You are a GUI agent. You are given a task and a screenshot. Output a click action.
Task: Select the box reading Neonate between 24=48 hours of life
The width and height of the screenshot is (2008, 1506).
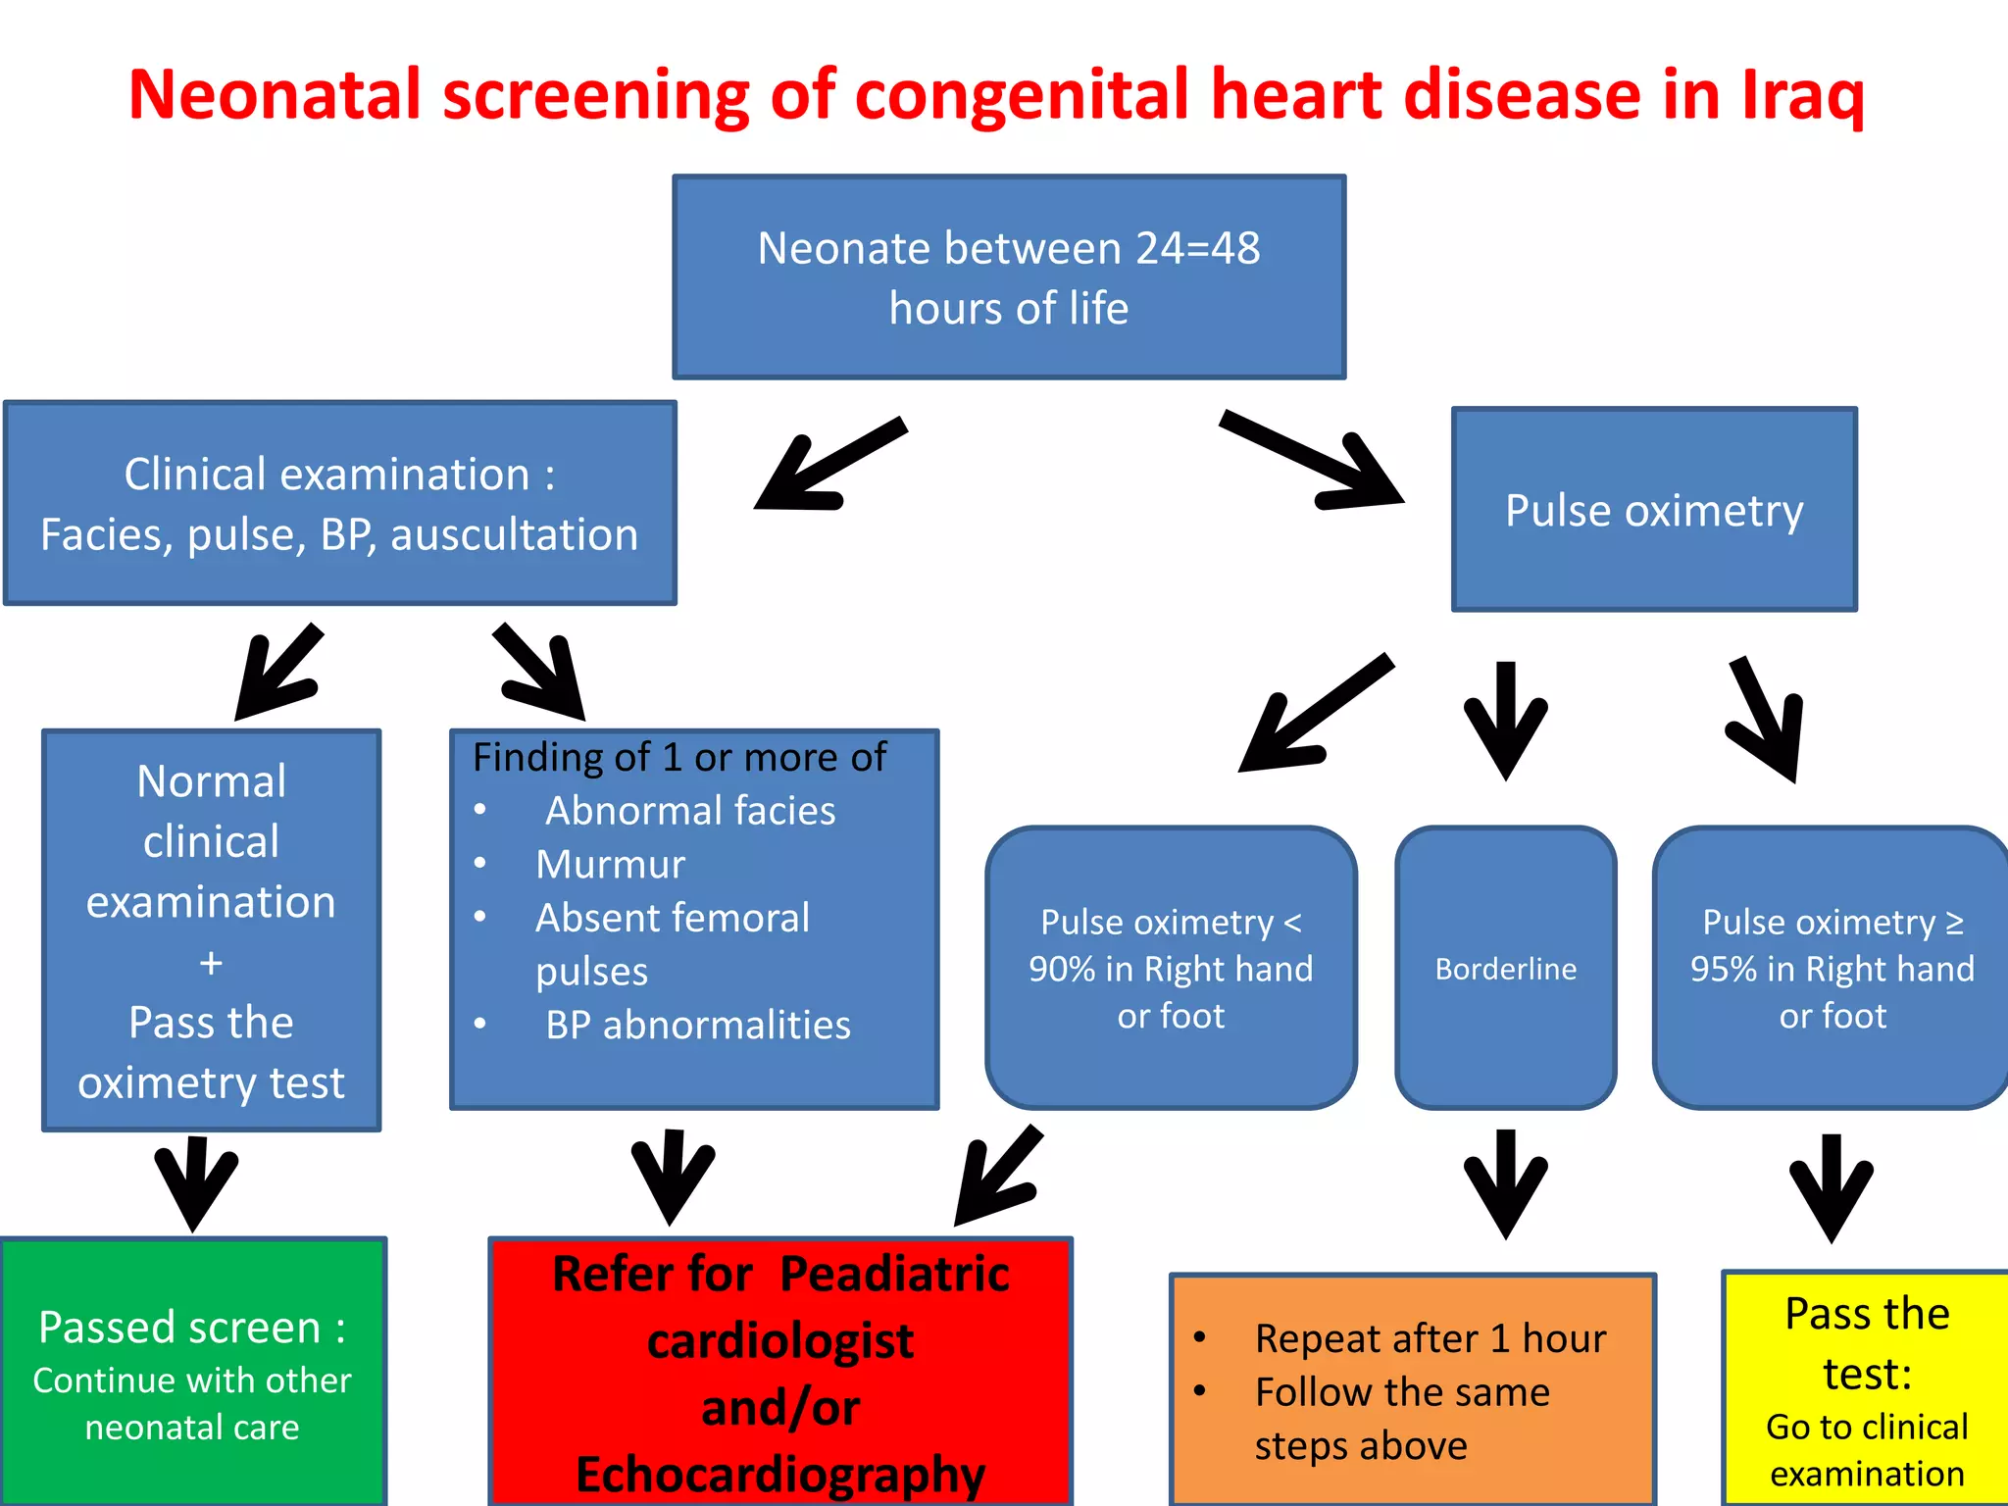[1009, 277]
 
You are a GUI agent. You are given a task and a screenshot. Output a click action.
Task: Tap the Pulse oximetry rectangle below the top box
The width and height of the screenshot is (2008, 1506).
[1654, 511]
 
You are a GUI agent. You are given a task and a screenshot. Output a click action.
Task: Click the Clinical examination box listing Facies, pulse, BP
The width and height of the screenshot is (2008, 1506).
[340, 503]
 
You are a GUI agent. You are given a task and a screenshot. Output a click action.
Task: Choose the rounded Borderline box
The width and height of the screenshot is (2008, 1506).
[1505, 969]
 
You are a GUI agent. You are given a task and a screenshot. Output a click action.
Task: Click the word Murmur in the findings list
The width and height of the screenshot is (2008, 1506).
[610, 865]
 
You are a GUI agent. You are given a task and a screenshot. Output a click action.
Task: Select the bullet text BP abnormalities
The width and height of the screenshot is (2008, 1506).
[697, 1026]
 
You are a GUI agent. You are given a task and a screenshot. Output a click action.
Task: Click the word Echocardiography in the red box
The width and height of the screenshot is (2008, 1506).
[780, 1474]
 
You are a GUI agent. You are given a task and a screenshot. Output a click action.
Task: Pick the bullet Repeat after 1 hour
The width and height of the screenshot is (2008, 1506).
[1430, 1339]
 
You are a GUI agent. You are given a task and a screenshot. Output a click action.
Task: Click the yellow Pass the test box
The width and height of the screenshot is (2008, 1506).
[1866, 1388]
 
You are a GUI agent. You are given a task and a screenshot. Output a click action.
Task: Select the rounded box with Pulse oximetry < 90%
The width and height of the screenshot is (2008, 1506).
[1171, 969]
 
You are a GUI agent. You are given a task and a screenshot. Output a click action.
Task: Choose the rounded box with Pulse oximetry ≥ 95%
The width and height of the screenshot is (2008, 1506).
[1832, 969]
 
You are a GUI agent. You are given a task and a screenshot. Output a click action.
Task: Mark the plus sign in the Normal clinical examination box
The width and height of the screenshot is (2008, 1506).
[211, 963]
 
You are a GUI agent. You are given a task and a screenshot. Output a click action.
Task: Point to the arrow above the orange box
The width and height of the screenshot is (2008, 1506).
[1505, 1183]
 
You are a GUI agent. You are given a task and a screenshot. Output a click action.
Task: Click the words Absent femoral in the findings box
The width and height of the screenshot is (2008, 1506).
[673, 919]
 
